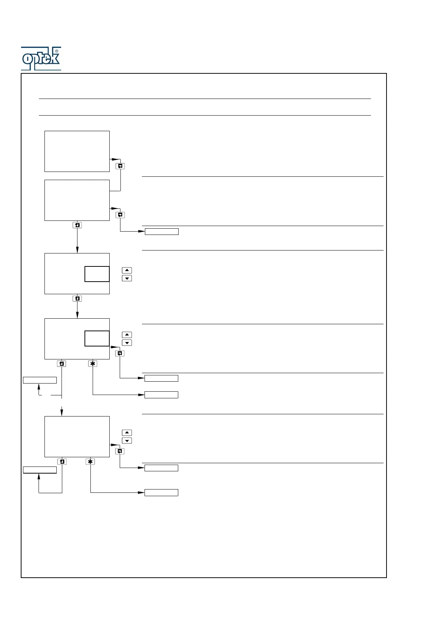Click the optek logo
[x=41, y=59]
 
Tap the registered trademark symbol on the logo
[x=57, y=51]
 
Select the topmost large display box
[x=77, y=151]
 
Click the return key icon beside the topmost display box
[x=120, y=166]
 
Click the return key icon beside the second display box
[x=120, y=215]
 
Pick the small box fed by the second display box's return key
[x=162, y=232]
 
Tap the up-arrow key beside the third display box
[x=127, y=270]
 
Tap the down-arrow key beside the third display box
[x=127, y=278]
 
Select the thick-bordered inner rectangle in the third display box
[x=97, y=274]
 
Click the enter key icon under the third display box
[x=77, y=298]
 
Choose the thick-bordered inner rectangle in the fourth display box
[x=97, y=338]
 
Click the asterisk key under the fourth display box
[x=93, y=364]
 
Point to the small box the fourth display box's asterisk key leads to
[x=161, y=395]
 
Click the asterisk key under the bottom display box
[x=90, y=461]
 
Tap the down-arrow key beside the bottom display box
[x=127, y=441]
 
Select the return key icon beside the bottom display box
[x=120, y=451]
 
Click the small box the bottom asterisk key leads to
[x=161, y=492]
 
